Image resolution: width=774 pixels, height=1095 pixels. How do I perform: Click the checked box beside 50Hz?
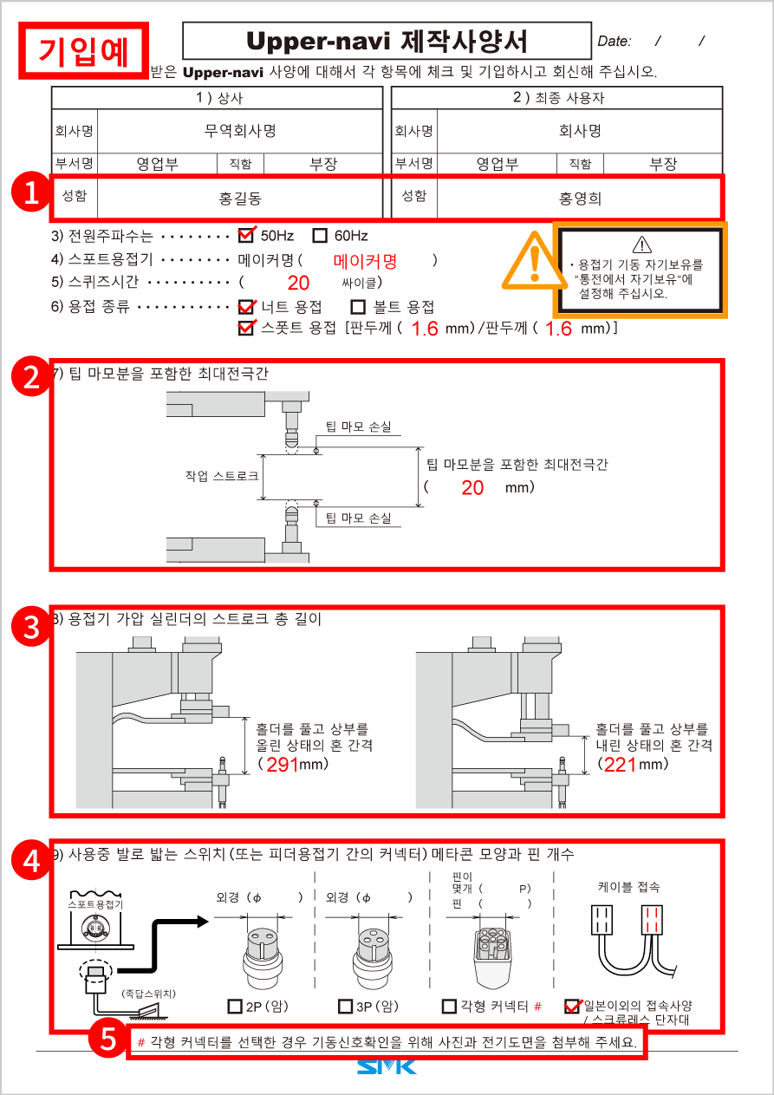point(246,236)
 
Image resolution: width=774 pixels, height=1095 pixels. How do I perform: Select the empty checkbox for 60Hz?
point(320,236)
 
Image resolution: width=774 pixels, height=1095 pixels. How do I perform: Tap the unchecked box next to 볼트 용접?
point(358,307)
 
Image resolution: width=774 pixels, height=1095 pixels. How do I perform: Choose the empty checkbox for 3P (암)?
point(346,1006)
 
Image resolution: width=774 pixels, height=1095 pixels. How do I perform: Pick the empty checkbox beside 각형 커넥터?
point(449,1006)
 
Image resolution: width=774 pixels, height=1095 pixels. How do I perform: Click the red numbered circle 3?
point(31,627)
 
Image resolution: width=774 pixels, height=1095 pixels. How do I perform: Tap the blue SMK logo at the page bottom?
point(387,1066)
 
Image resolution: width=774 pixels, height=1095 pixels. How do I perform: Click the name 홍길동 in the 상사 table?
point(240,199)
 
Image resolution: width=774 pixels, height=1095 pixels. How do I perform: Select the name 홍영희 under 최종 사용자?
point(580,199)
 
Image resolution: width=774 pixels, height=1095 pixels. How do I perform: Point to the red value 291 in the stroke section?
point(283,765)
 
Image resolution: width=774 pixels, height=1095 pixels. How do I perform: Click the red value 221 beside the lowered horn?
point(620,765)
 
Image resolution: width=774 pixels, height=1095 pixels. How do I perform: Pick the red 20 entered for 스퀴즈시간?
point(298,283)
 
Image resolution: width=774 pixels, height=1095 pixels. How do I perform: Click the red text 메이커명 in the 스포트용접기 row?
point(365,262)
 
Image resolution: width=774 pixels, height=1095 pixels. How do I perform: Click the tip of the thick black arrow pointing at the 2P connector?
point(209,922)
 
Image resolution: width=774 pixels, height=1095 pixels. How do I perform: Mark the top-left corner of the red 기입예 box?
point(19,22)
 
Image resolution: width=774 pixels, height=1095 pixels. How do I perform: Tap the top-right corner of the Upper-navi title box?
point(591,22)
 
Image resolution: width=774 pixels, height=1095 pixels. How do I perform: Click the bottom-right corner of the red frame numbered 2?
point(724,570)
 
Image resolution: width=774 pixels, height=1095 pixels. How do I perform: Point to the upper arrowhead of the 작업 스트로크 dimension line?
point(263,455)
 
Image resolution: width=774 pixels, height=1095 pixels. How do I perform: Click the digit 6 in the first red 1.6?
point(432,329)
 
